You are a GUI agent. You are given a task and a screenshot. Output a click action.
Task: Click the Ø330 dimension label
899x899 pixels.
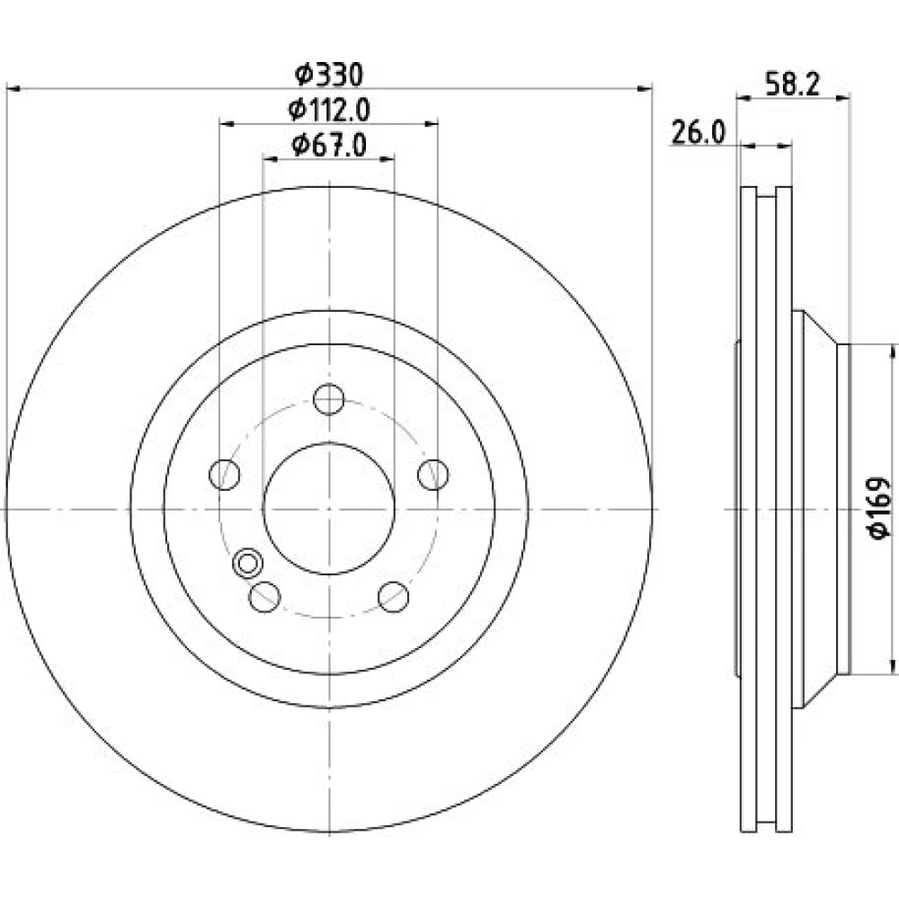(x=329, y=75)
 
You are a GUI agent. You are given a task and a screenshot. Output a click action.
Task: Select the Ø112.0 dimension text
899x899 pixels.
(x=329, y=110)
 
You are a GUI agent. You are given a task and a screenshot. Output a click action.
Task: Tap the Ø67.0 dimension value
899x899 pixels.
(x=329, y=145)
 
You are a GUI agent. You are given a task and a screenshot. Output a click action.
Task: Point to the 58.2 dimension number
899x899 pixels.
(x=794, y=84)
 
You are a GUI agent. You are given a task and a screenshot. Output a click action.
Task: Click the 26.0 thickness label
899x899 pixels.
(x=699, y=132)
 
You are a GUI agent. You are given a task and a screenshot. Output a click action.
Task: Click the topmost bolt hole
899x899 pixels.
(x=329, y=399)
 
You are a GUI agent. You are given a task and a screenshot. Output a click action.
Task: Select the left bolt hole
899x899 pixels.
(x=224, y=474)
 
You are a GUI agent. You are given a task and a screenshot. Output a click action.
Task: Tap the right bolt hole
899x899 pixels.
(x=433, y=474)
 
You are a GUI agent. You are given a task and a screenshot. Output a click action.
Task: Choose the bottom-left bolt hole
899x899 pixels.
(x=264, y=596)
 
